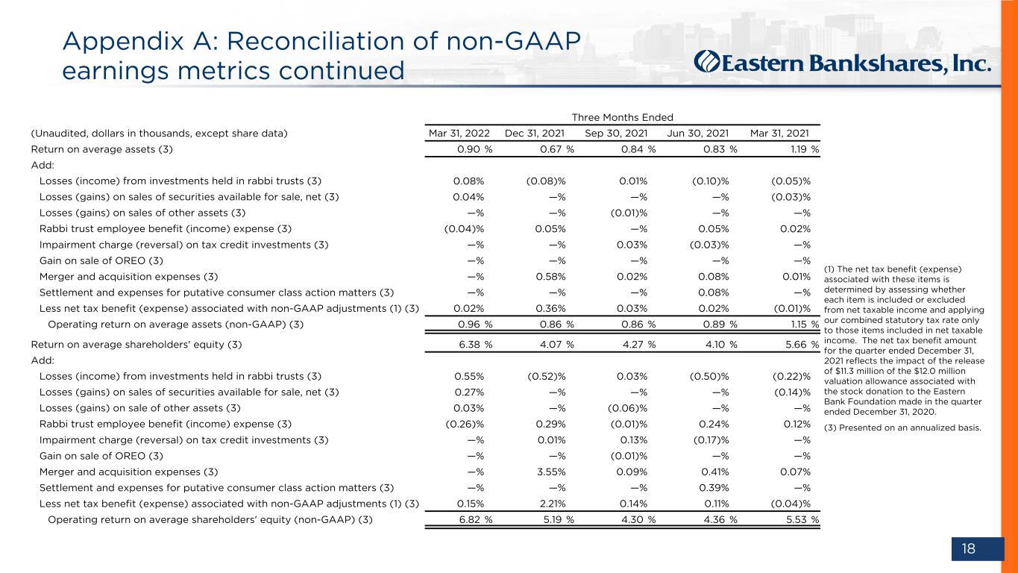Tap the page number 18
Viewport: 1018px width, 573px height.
click(969, 548)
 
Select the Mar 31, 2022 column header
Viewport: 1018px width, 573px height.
click(459, 134)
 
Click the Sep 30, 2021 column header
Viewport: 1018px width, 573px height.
click(616, 134)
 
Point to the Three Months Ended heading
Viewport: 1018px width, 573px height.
click(622, 117)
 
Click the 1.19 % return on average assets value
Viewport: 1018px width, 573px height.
click(805, 149)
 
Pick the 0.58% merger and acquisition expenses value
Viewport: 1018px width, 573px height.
click(550, 277)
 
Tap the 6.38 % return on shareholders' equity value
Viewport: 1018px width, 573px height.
click(475, 344)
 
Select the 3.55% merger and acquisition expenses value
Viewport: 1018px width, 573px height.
click(551, 472)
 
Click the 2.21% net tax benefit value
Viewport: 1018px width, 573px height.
click(551, 504)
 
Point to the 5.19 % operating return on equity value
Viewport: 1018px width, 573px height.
click(559, 519)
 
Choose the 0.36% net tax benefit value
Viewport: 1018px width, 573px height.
click(550, 308)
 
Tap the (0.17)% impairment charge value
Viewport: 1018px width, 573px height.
click(711, 439)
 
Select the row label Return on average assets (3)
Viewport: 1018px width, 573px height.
click(101, 149)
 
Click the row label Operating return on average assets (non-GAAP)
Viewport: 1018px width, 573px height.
click(175, 325)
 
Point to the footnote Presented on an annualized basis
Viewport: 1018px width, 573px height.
click(902, 428)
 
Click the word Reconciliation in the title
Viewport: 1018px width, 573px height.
click(316, 41)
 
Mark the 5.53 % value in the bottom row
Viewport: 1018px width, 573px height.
click(802, 519)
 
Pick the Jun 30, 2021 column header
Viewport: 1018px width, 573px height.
click(697, 134)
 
